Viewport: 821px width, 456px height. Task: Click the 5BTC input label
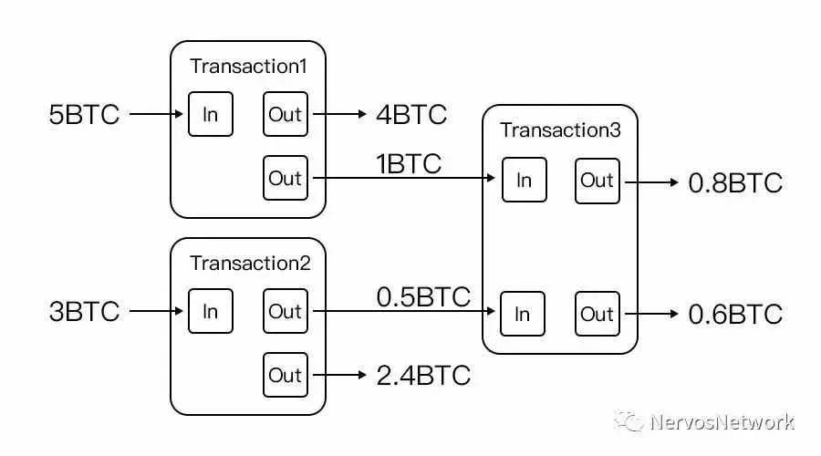tap(84, 115)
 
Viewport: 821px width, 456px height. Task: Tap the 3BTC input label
tap(84, 312)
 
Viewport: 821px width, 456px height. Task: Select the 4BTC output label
tap(411, 115)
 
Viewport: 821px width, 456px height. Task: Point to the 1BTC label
tap(409, 164)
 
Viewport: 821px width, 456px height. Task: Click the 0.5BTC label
tap(423, 297)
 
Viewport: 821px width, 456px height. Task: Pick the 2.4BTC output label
tap(423, 376)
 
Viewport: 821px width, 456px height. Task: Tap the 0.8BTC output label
tap(735, 182)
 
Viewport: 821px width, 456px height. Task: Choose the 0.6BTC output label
tap(735, 315)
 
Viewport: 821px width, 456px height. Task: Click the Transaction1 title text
tap(248, 67)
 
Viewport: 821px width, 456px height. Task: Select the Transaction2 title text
tap(250, 264)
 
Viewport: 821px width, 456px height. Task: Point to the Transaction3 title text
tap(560, 130)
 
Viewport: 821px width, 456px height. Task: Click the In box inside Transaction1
tap(211, 115)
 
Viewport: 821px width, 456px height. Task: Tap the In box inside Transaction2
tap(211, 312)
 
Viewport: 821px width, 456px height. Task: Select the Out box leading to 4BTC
tap(286, 115)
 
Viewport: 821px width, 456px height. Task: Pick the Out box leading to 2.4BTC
tap(286, 375)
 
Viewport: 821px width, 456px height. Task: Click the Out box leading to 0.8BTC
tap(598, 181)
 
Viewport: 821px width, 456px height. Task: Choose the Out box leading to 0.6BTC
tap(598, 314)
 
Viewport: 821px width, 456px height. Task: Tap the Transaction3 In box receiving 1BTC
tap(524, 181)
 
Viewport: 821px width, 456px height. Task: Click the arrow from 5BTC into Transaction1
tap(157, 115)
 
